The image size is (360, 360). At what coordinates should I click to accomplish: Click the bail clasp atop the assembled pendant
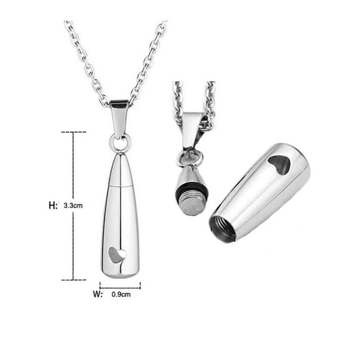click(x=119, y=119)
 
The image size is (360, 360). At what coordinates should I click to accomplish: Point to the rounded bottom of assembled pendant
click(x=120, y=272)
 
